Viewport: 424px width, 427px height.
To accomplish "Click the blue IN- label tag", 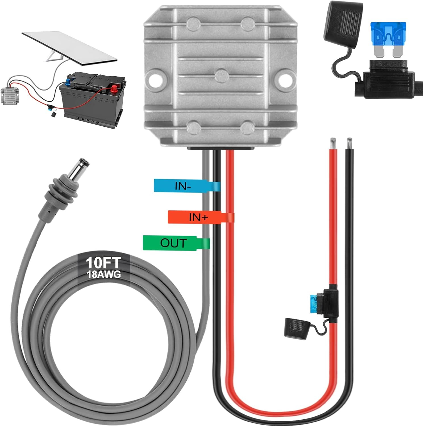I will tap(183, 186).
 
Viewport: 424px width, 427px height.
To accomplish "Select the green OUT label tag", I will tap(173, 243).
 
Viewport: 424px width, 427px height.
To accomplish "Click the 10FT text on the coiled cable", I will tap(103, 262).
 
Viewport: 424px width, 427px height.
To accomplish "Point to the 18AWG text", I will tap(104, 274).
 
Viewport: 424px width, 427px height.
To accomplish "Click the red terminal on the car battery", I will tap(114, 88).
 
